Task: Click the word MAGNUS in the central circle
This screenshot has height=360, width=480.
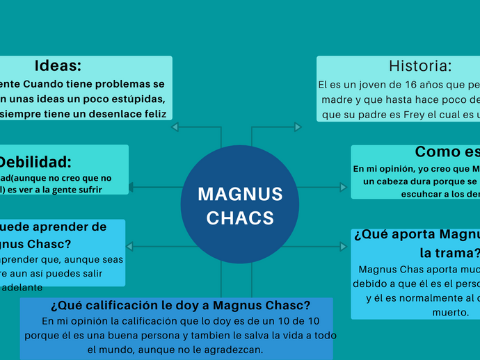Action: click(x=240, y=194)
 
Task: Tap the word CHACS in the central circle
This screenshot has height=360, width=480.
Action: click(x=240, y=218)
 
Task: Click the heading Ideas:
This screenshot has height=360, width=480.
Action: click(x=58, y=66)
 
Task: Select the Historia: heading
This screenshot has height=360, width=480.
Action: click(x=420, y=66)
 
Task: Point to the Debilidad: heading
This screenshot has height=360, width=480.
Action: click(x=35, y=163)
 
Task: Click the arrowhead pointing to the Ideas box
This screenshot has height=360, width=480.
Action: click(x=175, y=127)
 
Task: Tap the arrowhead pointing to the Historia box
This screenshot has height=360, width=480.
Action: click(x=298, y=127)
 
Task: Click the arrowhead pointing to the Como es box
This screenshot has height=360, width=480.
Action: click(x=344, y=186)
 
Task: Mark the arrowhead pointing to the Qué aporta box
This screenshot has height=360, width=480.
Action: click(x=344, y=246)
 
